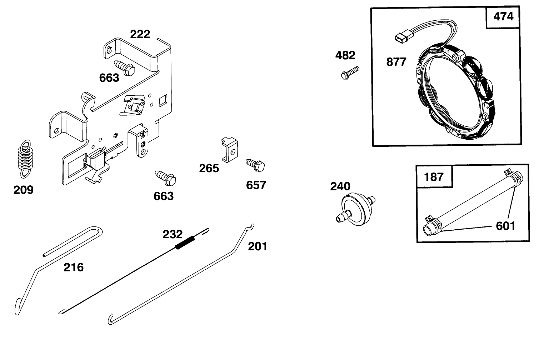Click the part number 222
(140, 34)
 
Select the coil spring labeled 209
(25, 159)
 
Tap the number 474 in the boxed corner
(503, 16)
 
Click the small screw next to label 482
(350, 73)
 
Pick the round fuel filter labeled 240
(356, 209)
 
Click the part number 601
(505, 226)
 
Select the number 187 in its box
(434, 177)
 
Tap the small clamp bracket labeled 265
(230, 150)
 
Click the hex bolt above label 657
(255, 165)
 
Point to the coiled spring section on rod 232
(185, 243)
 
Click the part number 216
(73, 267)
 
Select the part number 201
(258, 246)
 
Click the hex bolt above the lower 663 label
(165, 178)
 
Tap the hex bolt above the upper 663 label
(124, 68)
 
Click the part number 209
(23, 190)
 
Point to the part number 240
(340, 186)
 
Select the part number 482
(345, 55)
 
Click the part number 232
(173, 234)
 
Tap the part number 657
(256, 185)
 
